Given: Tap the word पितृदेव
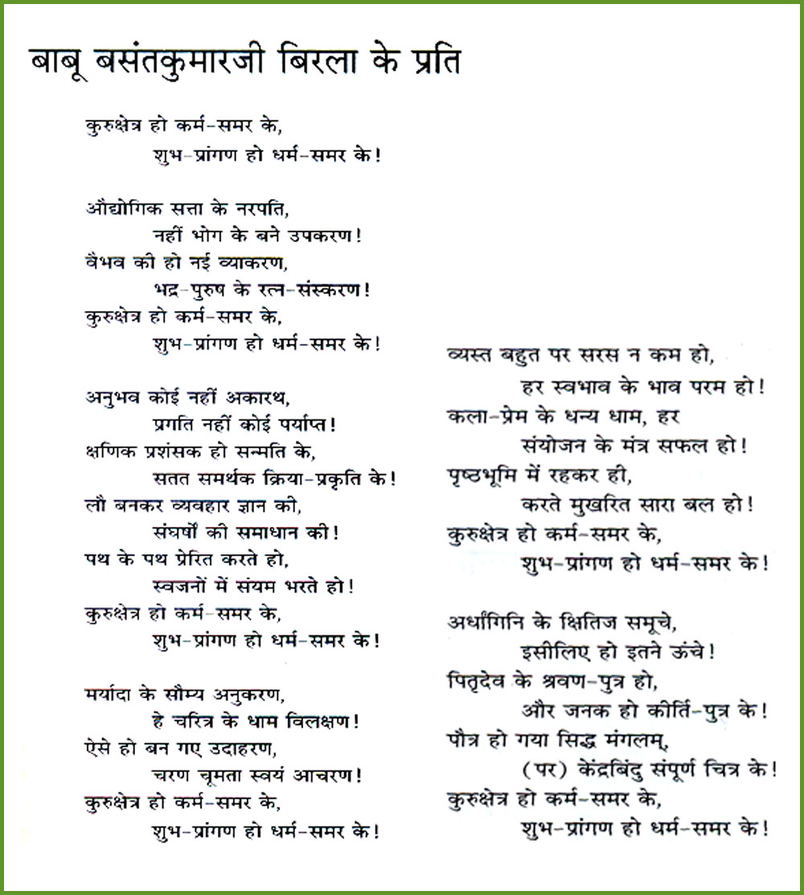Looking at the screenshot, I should point(480,681).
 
